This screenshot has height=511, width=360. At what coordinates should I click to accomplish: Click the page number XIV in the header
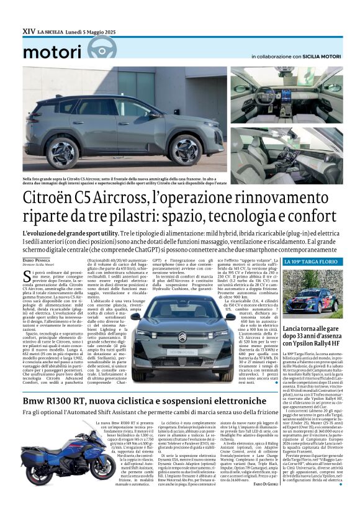[x=29, y=29]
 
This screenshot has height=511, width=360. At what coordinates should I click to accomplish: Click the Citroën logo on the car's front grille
[x=183, y=338]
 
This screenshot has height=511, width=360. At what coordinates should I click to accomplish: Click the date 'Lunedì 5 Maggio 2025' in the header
[x=93, y=29]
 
